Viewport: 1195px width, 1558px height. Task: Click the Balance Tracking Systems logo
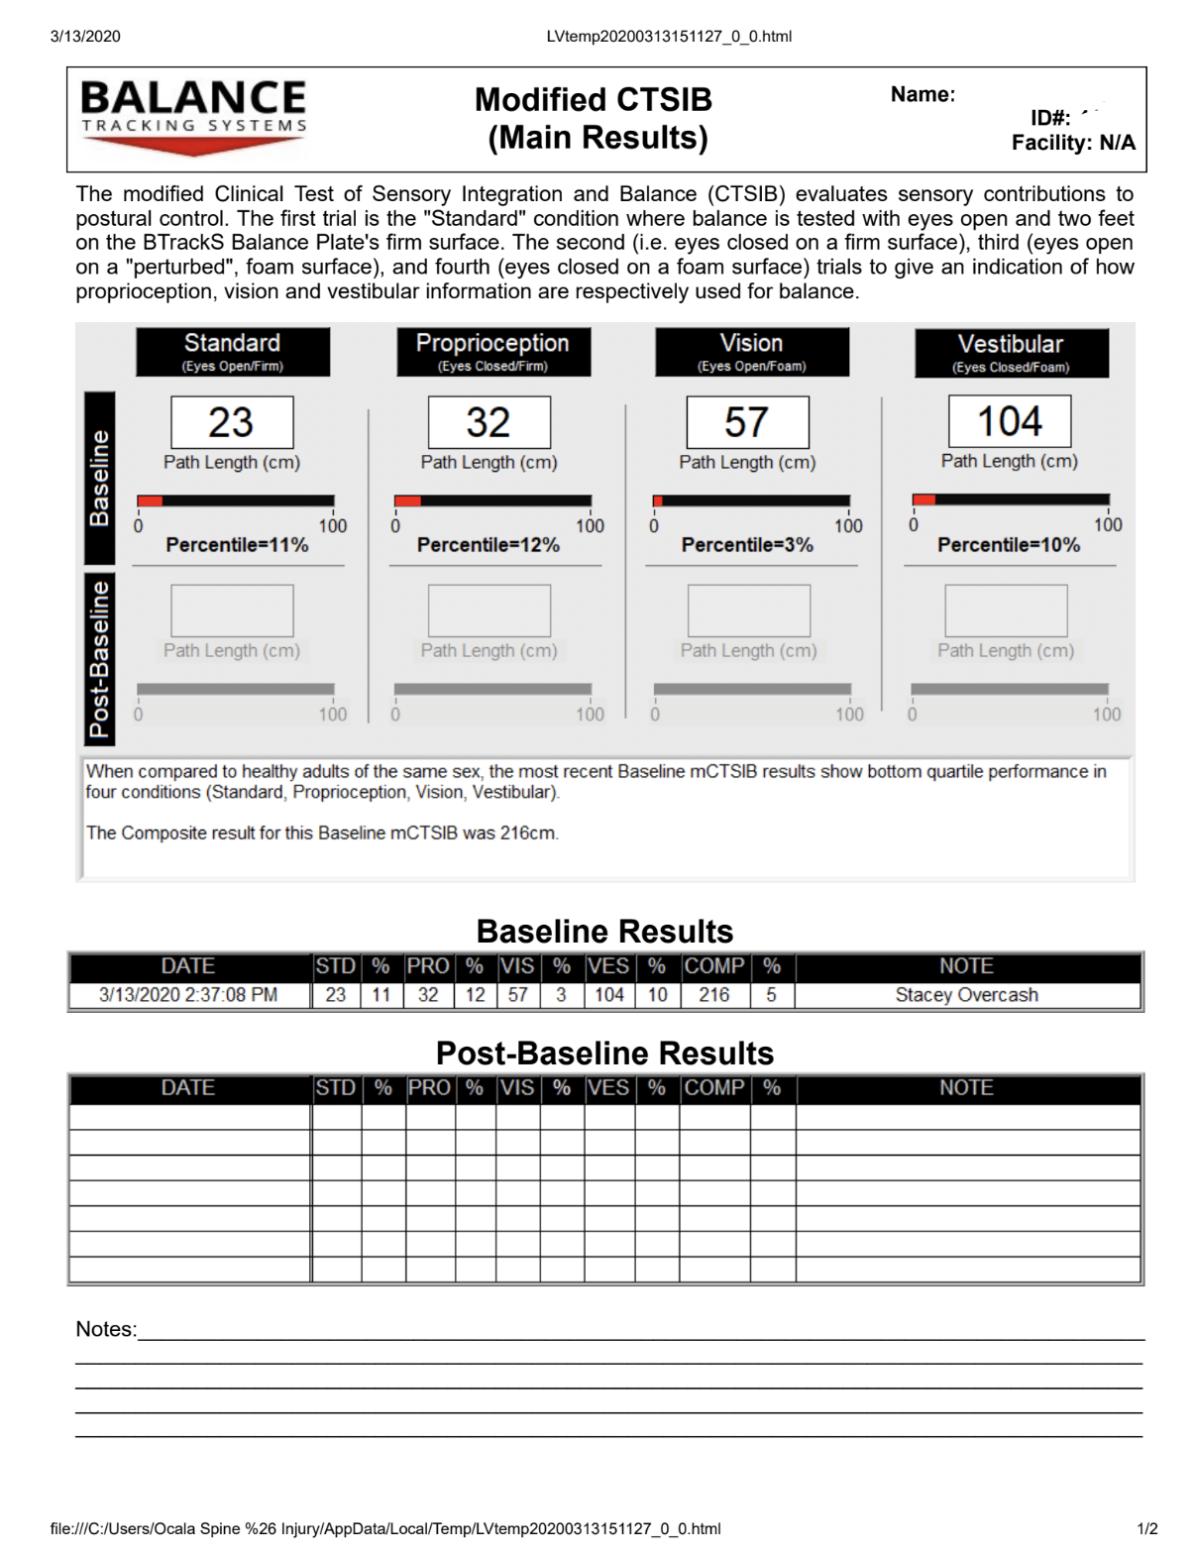[193, 117]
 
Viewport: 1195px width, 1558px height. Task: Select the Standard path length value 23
[232, 422]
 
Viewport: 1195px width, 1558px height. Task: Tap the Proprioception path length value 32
[489, 422]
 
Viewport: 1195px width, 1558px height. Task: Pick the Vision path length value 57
[747, 422]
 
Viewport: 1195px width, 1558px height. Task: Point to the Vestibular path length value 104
[1009, 421]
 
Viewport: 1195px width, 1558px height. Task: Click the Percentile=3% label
[747, 545]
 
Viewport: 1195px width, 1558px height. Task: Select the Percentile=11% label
[237, 545]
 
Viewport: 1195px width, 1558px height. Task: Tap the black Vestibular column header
[1011, 353]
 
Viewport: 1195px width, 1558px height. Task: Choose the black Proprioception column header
[492, 352]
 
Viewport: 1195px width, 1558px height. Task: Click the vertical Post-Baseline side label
[99, 659]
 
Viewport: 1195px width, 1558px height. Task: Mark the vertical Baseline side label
[99, 478]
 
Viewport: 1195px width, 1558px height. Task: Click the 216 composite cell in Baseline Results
[713, 995]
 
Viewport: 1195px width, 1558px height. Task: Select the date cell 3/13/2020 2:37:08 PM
[188, 995]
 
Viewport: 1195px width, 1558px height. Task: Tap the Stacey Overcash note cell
[966, 995]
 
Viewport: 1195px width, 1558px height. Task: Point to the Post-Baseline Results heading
[604, 1053]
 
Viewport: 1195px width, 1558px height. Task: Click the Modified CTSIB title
[594, 100]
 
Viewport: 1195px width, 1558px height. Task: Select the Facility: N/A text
[1073, 143]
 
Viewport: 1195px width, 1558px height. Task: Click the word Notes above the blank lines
[105, 1329]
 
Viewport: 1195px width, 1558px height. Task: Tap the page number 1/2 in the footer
[1146, 1528]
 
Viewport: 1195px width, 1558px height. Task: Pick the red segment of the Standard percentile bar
[150, 501]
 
